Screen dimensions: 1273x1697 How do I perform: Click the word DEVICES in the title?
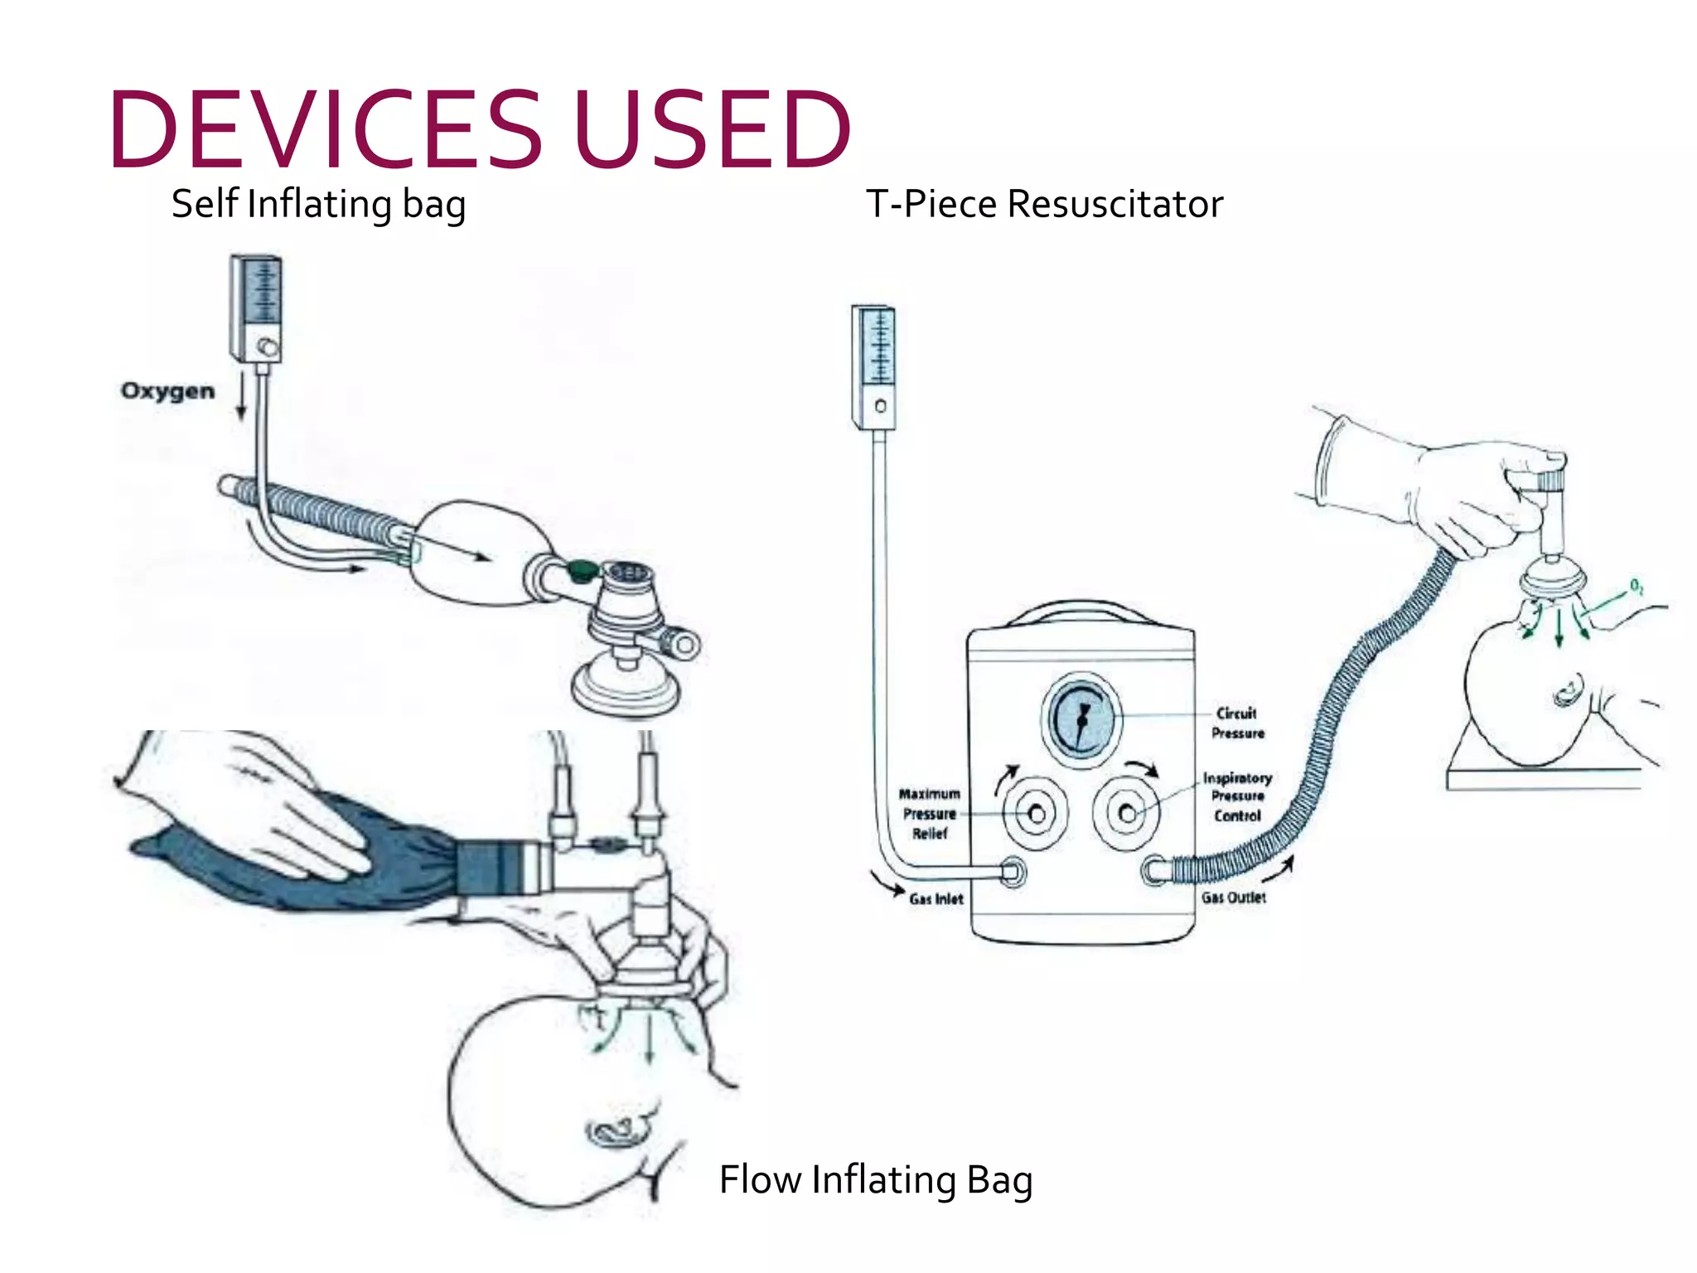[325, 130]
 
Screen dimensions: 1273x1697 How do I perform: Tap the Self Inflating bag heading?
[318, 204]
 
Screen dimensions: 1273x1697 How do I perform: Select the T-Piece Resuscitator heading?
[1044, 204]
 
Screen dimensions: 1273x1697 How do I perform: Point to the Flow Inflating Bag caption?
[876, 1179]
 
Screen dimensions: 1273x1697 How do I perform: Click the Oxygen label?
[167, 391]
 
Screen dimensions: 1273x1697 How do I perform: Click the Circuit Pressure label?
[1237, 723]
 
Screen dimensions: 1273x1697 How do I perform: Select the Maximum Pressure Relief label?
[929, 814]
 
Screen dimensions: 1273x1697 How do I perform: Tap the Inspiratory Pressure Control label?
[1237, 796]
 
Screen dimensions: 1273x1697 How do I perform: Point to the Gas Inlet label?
[936, 899]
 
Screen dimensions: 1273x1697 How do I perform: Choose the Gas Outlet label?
[1234, 898]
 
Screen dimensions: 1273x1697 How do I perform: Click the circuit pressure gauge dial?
[1081, 719]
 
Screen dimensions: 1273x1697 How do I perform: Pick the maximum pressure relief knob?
[1035, 814]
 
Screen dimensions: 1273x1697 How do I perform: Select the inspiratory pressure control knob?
[1126, 813]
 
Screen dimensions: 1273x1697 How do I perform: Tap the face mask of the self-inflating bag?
[626, 687]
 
